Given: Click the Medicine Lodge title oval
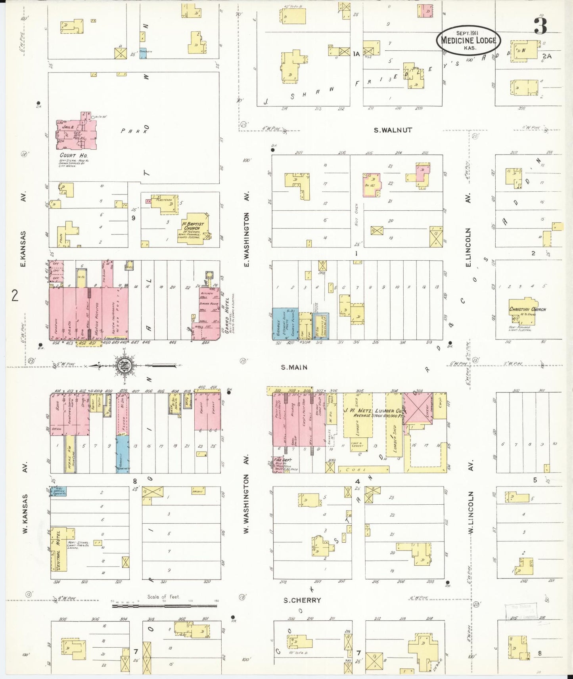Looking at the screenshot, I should [x=468, y=40].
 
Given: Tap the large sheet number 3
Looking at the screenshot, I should [x=540, y=25].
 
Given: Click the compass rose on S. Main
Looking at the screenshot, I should [x=125, y=366].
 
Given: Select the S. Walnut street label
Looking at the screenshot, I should [x=393, y=130].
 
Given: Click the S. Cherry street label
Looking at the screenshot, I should [x=302, y=600].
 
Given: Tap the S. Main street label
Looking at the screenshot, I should [x=294, y=367].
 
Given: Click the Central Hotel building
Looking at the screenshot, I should [x=59, y=549].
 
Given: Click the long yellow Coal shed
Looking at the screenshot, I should [x=364, y=469].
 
